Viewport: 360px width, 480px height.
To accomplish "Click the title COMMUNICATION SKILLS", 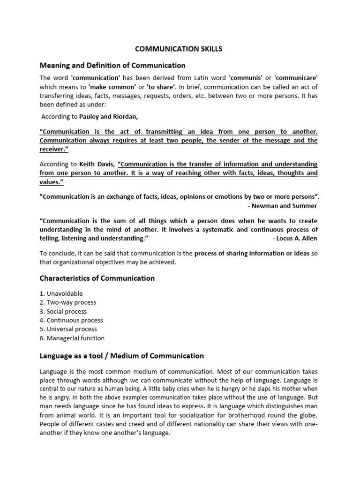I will pos(180,49).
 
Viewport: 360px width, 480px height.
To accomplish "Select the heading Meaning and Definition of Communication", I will pos(112,65).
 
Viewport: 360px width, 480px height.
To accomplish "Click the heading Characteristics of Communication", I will pos(97,278).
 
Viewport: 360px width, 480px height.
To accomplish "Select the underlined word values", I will pos(51,182).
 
